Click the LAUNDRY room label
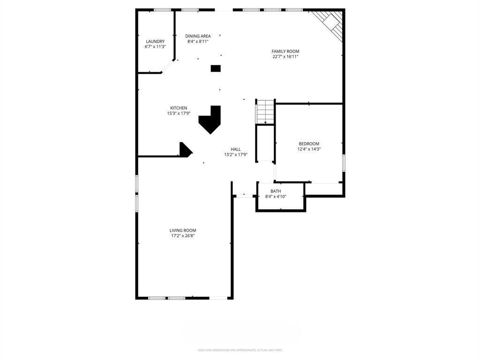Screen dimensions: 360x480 tap(155, 41)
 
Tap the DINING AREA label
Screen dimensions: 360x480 tap(198, 36)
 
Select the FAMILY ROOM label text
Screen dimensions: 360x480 tap(285, 51)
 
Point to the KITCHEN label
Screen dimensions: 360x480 tap(178, 108)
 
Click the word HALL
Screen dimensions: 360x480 tap(236, 149)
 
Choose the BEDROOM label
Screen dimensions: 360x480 tap(309, 143)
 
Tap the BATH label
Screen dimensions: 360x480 tap(276, 191)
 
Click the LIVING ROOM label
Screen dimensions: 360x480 tap(183, 230)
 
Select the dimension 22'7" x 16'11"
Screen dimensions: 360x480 tap(285, 57)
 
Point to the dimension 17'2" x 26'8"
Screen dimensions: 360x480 tap(183, 236)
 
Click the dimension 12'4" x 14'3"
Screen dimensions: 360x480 tap(309, 149)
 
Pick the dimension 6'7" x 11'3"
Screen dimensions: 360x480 tap(155, 46)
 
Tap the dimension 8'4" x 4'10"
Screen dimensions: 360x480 tap(276, 196)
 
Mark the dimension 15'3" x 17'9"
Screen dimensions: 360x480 tap(178, 113)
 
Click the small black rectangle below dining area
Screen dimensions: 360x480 tap(216, 68)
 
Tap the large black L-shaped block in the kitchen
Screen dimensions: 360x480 tap(210, 120)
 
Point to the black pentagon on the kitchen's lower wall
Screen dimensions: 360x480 tap(185, 150)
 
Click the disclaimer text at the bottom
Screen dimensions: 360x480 tap(240, 350)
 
